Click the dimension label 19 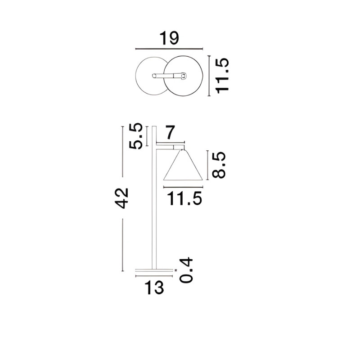[169, 39]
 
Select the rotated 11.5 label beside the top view [222, 75]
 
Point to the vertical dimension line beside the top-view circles [209, 76]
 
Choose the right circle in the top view [183, 76]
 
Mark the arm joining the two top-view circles [169, 76]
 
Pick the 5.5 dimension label [136, 136]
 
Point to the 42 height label [121, 198]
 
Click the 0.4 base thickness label [186, 270]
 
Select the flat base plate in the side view [154, 270]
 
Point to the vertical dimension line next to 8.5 [207, 166]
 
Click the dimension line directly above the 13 [154, 275]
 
